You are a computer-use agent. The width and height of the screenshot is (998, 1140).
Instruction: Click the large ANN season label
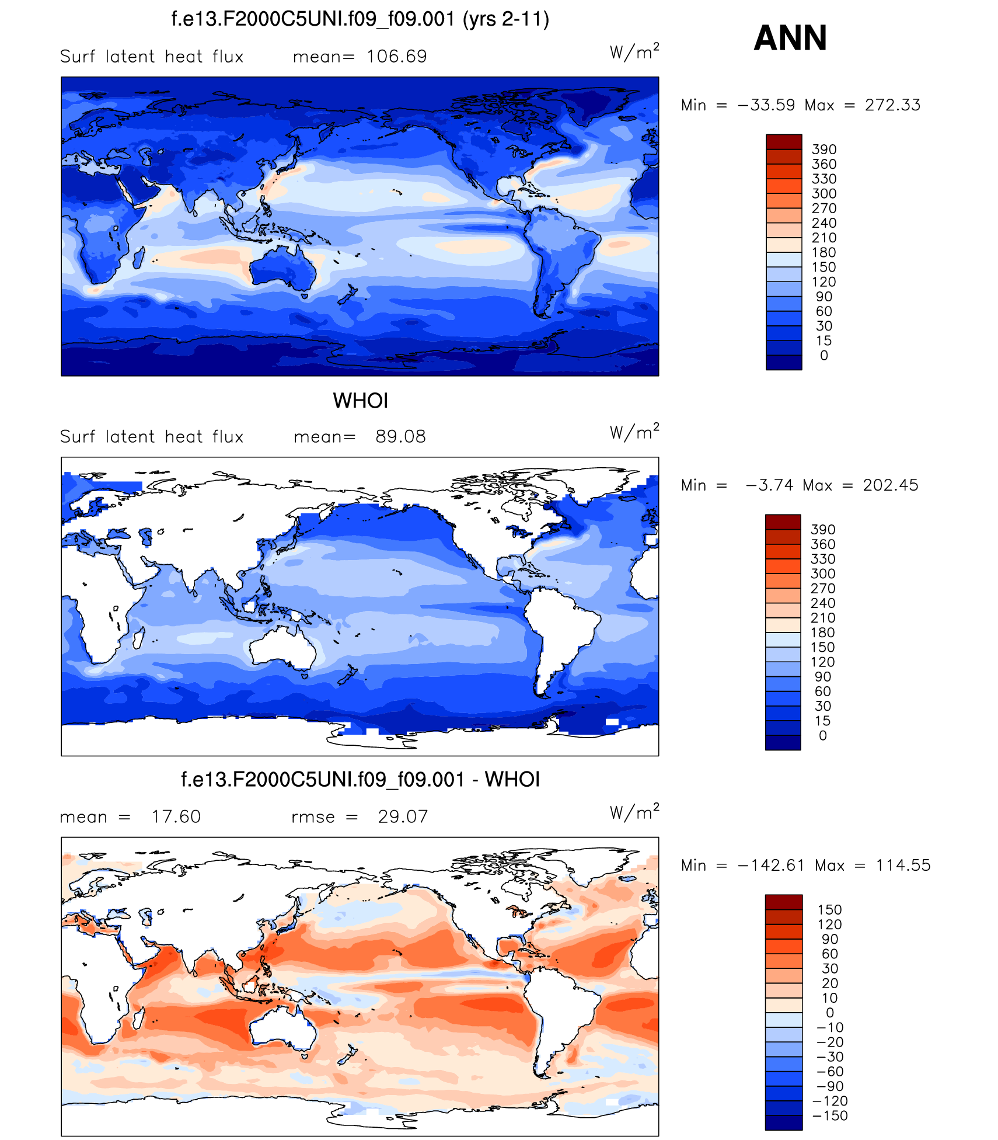[x=790, y=39]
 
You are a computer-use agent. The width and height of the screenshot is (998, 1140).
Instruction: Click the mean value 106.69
[x=397, y=57]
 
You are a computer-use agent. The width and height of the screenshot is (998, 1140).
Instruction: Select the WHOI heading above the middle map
[x=360, y=401]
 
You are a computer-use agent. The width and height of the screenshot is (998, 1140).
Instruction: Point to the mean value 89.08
[x=400, y=437]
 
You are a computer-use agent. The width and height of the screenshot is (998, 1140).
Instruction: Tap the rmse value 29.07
[x=403, y=816]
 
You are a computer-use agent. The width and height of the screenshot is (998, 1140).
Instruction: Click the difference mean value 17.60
[x=176, y=816]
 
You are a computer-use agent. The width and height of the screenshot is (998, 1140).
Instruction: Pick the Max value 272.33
[x=892, y=105]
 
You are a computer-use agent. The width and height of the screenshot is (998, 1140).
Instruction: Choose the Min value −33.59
[x=766, y=105]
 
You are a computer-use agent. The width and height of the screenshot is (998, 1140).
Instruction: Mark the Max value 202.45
[x=891, y=485]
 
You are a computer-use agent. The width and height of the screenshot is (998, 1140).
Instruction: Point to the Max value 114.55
[x=903, y=866]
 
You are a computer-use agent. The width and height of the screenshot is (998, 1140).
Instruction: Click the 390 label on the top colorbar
[x=824, y=150]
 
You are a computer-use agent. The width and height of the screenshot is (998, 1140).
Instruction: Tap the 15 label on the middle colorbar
[x=823, y=721]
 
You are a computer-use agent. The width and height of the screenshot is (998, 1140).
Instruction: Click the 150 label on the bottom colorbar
[x=829, y=910]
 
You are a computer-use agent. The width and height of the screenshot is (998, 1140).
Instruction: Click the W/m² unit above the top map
[x=634, y=52]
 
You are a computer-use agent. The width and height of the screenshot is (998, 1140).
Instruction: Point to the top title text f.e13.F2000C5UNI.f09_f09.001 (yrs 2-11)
[x=360, y=19]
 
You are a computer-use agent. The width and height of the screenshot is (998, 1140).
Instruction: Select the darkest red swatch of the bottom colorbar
[x=784, y=902]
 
